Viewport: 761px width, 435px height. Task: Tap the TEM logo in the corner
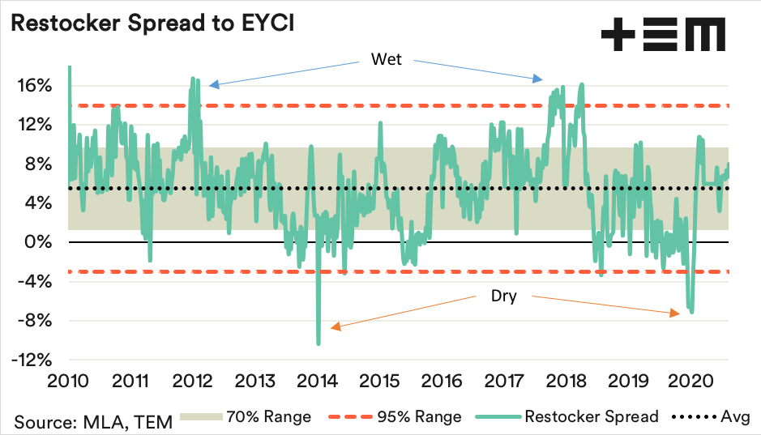(663, 36)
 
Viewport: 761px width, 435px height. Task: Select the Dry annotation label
(503, 296)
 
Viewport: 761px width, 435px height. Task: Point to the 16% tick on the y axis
(36, 86)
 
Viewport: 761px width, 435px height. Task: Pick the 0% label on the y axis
(40, 242)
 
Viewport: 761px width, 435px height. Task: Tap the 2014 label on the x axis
(318, 380)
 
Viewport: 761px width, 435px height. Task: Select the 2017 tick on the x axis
(505, 380)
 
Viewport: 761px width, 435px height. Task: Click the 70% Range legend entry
(246, 417)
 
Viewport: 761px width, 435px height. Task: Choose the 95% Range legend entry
(395, 417)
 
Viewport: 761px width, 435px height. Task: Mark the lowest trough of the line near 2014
(319, 343)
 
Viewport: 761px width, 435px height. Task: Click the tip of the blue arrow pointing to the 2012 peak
(209, 85)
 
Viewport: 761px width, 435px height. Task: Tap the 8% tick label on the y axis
(38, 164)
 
